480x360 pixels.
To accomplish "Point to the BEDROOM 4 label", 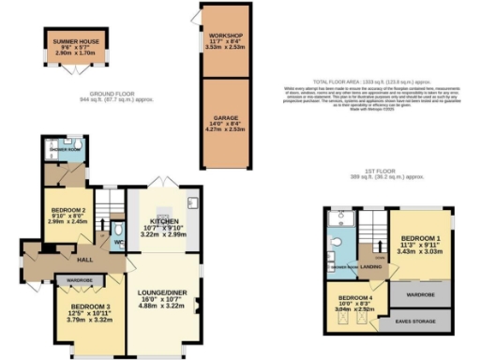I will tap(355, 303).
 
